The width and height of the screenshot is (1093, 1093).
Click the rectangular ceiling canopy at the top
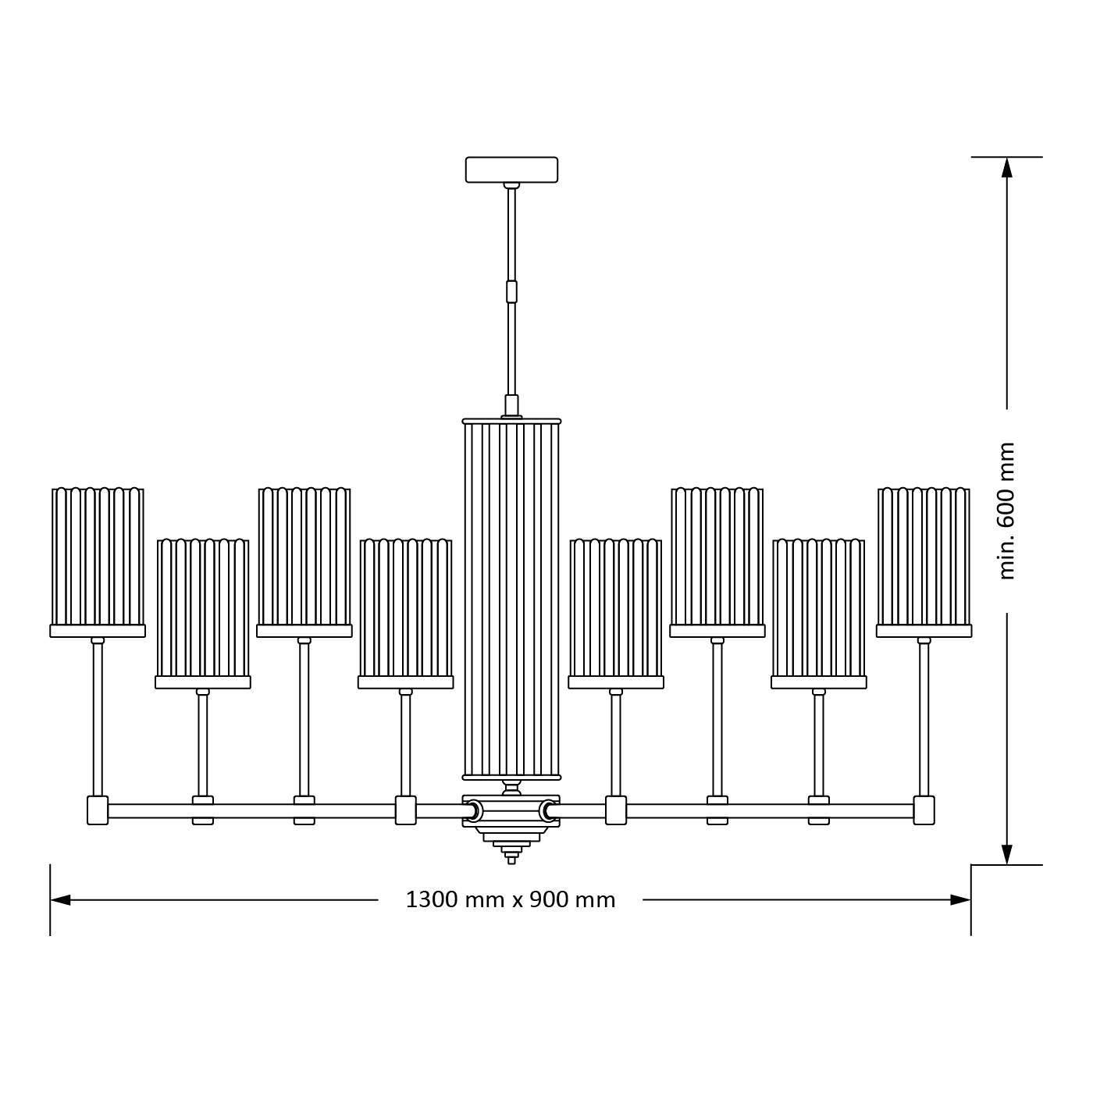[511, 169]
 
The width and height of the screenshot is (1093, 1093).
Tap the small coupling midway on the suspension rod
[511, 291]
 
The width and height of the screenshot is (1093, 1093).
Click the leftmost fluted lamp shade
[98, 558]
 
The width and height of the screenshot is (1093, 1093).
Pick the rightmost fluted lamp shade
[924, 558]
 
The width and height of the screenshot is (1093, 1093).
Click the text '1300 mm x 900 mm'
[511, 900]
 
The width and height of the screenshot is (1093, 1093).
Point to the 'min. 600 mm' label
[1007, 511]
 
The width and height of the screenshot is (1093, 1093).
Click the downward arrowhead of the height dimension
[1007, 854]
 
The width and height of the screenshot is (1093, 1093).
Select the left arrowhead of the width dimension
[61, 900]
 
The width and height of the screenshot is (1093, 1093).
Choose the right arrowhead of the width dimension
[960, 900]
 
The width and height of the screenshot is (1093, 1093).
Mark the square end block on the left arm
[98, 810]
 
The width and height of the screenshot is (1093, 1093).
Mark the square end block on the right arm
[924, 810]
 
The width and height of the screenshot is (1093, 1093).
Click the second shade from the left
[203, 609]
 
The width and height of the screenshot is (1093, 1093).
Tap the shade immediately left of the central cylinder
[406, 609]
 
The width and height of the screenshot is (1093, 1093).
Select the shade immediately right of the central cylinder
[616, 609]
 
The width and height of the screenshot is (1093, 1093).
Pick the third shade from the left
[304, 558]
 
